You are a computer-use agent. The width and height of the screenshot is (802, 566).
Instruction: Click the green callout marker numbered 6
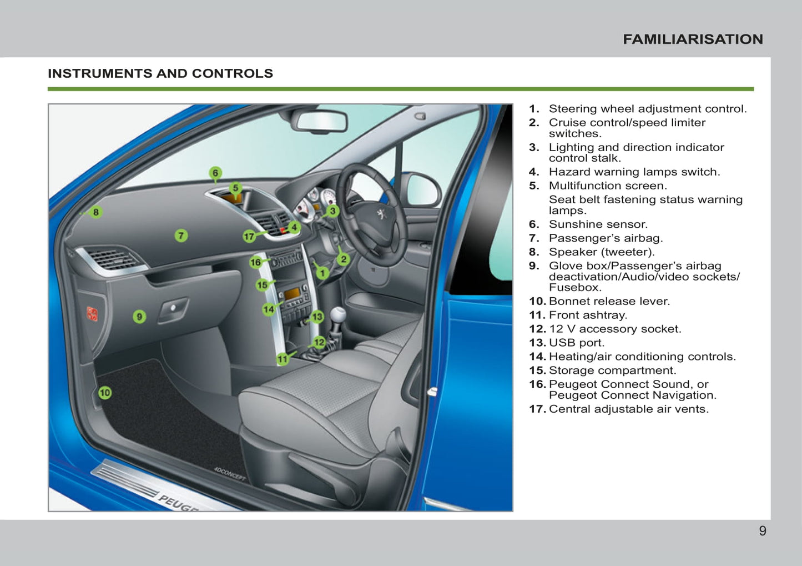tap(215, 173)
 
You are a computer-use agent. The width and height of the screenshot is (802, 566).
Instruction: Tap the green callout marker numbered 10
tap(105, 393)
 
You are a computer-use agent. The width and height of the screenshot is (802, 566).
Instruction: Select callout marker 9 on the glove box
tap(139, 317)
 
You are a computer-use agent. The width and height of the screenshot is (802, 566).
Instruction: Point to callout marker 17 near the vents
tap(249, 236)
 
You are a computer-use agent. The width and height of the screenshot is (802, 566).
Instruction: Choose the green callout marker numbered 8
tap(96, 212)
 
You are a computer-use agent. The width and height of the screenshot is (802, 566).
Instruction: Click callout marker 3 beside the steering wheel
tap(332, 211)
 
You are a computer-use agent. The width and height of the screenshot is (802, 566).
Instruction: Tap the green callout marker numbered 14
tap(269, 309)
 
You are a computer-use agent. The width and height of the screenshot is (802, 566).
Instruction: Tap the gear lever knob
tap(338, 314)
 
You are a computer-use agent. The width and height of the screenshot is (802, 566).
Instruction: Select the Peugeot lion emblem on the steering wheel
tap(381, 213)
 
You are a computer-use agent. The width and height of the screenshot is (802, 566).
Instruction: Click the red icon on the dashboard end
tap(92, 314)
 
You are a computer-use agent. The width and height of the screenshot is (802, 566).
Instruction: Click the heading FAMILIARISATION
tap(693, 39)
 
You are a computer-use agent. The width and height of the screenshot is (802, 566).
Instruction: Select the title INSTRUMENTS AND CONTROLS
tap(160, 73)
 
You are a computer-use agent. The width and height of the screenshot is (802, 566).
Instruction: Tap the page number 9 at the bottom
tap(763, 531)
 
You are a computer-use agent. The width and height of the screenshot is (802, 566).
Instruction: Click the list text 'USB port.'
tap(576, 343)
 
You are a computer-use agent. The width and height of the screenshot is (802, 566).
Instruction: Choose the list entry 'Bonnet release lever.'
tap(609, 301)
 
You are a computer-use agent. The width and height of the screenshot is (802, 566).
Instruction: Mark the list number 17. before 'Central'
tap(537, 409)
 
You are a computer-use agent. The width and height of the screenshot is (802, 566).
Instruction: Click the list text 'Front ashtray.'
tap(588, 315)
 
